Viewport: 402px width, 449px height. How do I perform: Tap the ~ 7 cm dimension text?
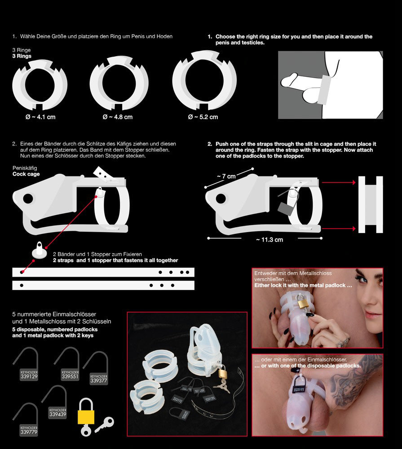click(226, 176)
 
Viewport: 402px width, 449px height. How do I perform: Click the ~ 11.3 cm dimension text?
click(269, 239)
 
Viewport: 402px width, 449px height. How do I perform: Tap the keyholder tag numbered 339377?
click(99, 378)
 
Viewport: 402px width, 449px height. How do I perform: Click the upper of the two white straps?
click(103, 272)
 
